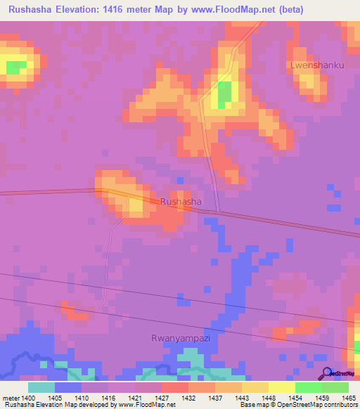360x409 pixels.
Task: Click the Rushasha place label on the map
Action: [181, 202]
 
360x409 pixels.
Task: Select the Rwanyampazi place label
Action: [181, 338]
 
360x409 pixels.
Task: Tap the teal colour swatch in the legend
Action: [41, 387]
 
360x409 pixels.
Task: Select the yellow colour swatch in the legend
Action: [282, 387]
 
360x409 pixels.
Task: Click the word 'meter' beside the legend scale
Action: [12, 398]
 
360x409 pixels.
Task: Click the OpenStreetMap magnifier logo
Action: [328, 373]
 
